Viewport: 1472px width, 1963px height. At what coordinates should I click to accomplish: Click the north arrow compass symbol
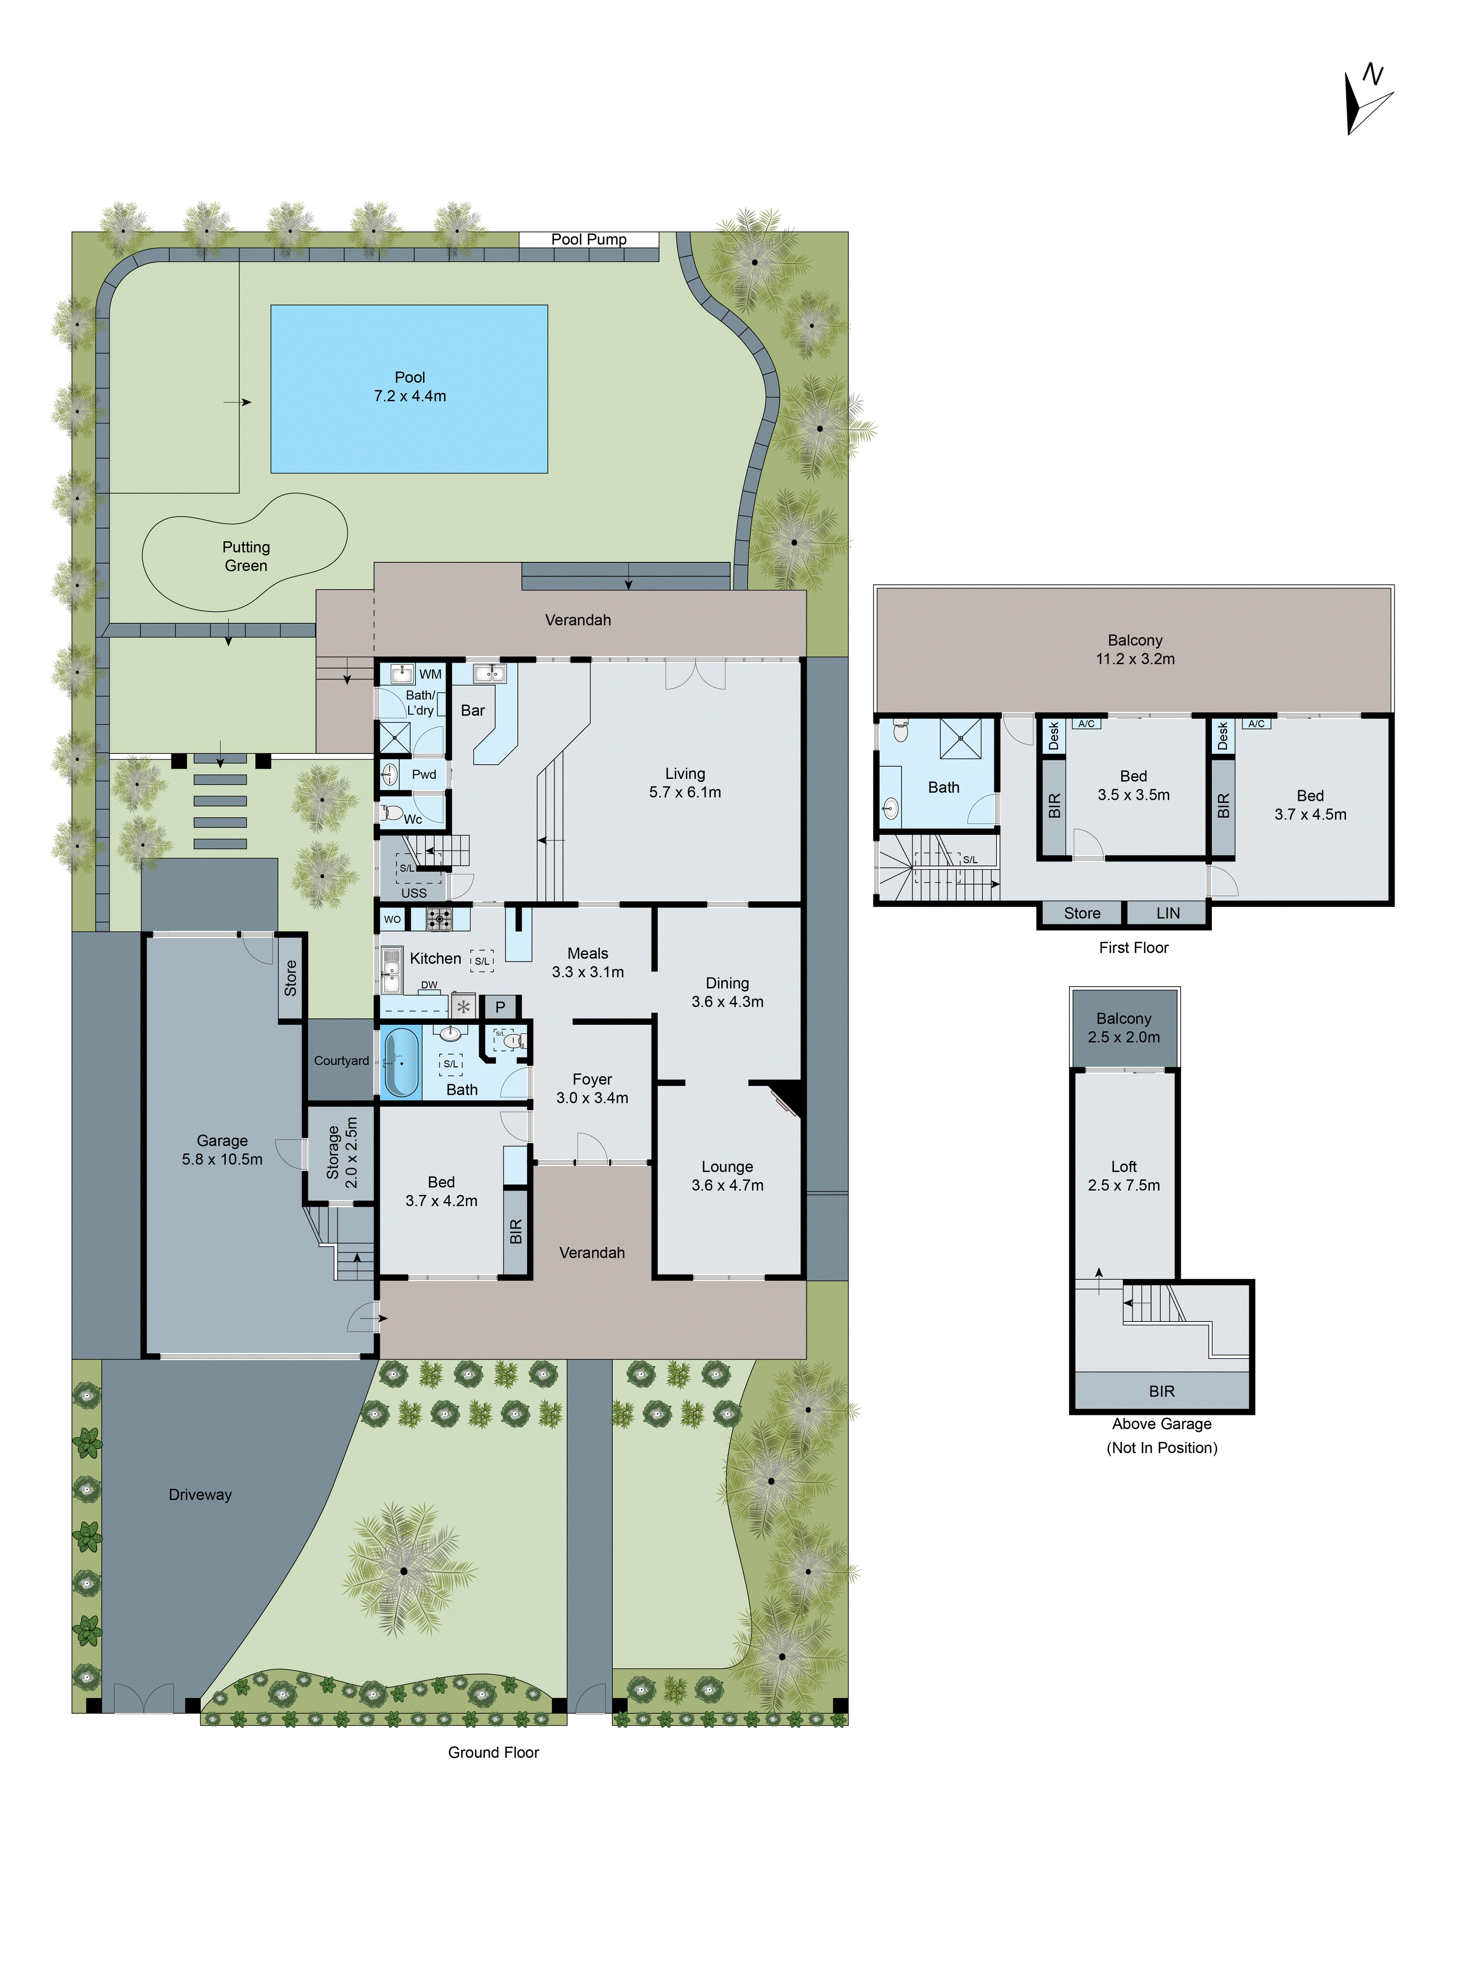tap(1367, 100)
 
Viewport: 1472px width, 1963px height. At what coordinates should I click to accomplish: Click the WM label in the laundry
tap(430, 674)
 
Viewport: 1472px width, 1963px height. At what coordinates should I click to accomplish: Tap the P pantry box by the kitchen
tap(499, 1007)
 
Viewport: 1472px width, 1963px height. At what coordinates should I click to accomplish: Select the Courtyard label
tap(341, 1061)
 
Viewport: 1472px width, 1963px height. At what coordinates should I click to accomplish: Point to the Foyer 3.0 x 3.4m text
tap(592, 1088)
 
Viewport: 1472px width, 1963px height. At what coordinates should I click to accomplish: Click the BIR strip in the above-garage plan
tap(1161, 1391)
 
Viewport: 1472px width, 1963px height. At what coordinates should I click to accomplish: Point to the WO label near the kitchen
tap(392, 919)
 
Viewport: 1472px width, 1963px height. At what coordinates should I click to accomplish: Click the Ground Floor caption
tap(493, 1752)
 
